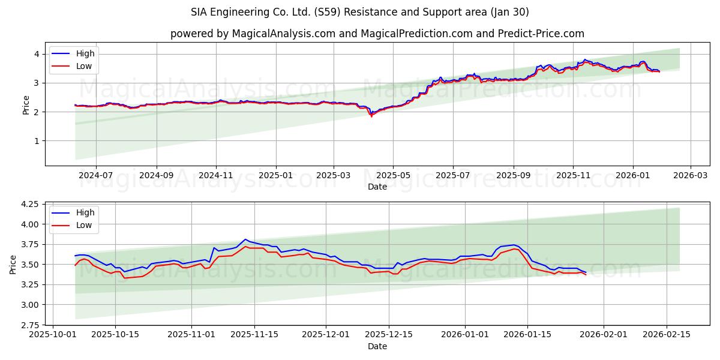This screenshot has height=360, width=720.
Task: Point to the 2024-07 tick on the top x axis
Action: point(96,176)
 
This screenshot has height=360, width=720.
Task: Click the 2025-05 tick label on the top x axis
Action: point(393,176)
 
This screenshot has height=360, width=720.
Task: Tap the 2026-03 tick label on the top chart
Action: point(690,176)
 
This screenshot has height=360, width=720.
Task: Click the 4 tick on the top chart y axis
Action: point(37,54)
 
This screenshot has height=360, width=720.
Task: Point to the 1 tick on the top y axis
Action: point(37,141)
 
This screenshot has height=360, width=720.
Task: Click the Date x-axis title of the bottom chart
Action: point(377,346)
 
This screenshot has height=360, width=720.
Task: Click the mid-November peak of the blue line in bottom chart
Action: point(245,239)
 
